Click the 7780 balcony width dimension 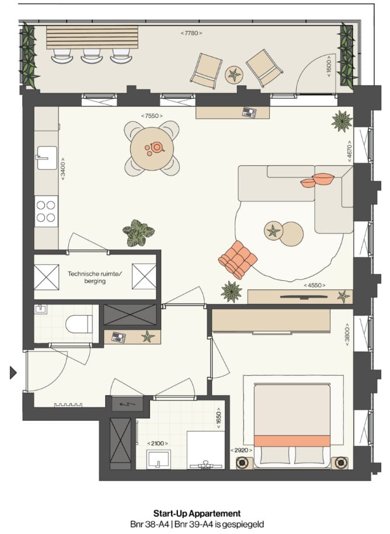pyautogui.click(x=191, y=33)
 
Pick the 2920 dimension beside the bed pyautogui.click(x=241, y=451)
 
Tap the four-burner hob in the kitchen pyautogui.click(x=46, y=212)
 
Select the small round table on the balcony pyautogui.click(x=234, y=74)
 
